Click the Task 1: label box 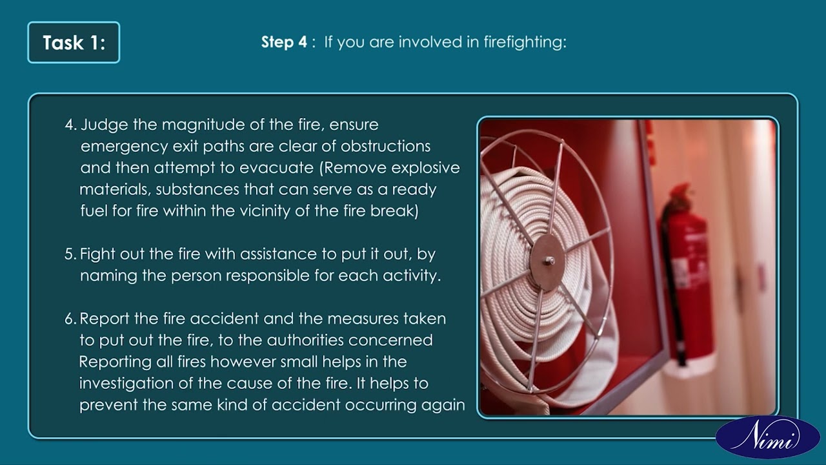coord(74,43)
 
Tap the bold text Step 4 coord(284,43)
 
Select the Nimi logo coord(767,437)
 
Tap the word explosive coord(425,168)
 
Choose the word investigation coord(136,383)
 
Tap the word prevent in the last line coord(105,405)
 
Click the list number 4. coord(70,125)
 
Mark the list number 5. coord(70,254)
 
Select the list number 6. coord(70,318)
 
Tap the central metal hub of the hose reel coord(548,261)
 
